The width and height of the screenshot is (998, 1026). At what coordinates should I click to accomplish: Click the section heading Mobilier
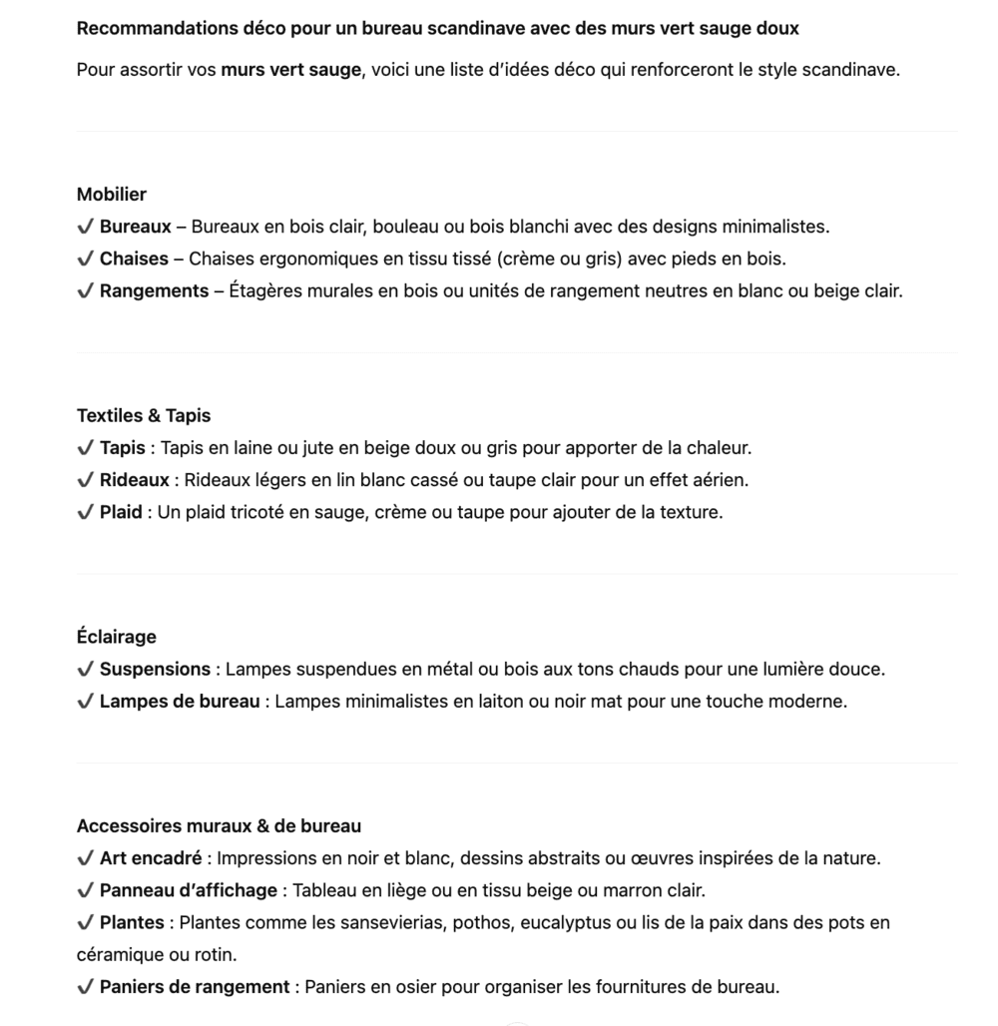(x=112, y=195)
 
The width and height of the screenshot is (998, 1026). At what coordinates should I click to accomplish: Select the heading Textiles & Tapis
(x=144, y=416)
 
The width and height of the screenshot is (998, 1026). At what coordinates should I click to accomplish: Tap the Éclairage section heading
(x=117, y=637)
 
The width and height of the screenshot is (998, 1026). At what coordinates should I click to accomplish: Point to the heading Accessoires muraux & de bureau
(x=219, y=826)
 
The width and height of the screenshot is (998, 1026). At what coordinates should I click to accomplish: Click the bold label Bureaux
(x=135, y=227)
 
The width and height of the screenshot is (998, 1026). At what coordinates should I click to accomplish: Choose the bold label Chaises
(x=134, y=258)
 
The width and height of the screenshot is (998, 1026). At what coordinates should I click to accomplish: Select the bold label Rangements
(x=154, y=291)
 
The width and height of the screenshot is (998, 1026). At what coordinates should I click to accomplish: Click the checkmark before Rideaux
(x=85, y=480)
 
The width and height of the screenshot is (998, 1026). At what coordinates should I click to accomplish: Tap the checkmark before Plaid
(x=85, y=513)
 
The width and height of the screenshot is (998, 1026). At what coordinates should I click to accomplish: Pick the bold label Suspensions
(x=155, y=669)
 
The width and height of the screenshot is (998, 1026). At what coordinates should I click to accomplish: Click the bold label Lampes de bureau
(x=180, y=702)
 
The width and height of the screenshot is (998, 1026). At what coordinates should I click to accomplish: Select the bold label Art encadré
(x=151, y=858)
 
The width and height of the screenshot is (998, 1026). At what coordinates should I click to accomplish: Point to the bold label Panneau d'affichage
(x=189, y=890)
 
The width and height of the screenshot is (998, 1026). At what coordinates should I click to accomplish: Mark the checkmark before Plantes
(x=85, y=923)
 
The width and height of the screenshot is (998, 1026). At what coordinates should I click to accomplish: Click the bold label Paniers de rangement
(x=195, y=987)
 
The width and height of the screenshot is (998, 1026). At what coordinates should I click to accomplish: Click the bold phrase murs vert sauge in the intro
(x=290, y=71)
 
